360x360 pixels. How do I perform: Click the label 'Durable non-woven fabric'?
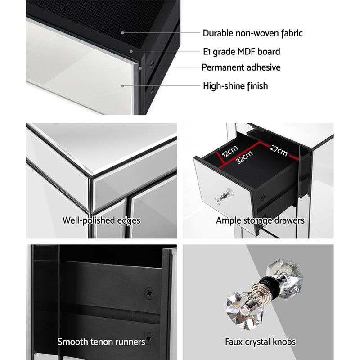point(252,33)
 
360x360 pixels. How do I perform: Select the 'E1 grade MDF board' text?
point(241,52)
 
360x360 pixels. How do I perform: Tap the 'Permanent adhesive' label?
point(241,68)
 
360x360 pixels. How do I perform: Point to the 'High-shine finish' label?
point(235,85)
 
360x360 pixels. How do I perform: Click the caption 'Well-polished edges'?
point(102,220)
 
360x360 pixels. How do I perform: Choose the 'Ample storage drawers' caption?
point(260,220)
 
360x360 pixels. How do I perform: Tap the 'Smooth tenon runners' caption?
point(101,342)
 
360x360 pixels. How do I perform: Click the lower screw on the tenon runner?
point(148,336)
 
